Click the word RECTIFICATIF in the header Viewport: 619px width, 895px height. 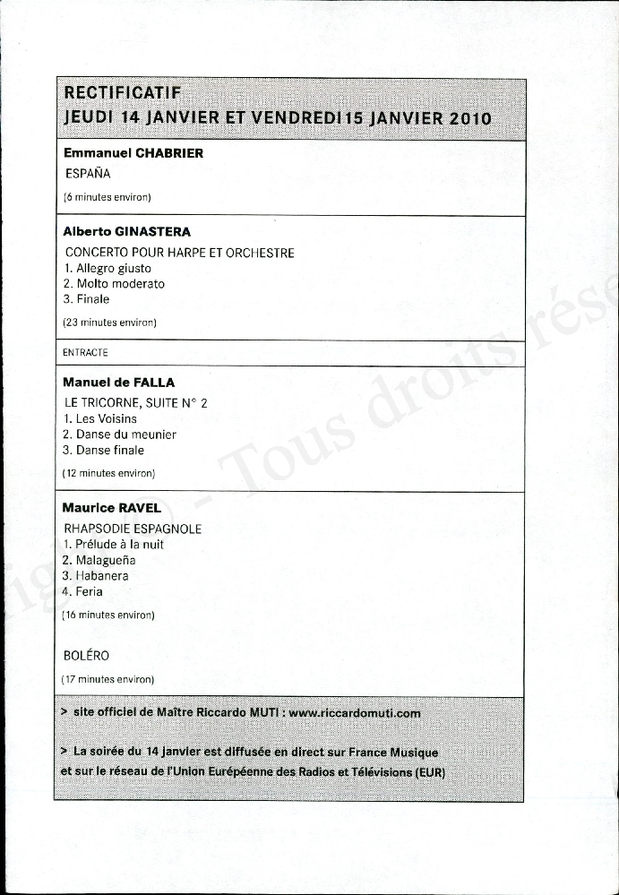[123, 92]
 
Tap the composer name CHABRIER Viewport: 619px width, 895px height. [169, 153]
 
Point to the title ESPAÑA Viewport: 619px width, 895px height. [88, 174]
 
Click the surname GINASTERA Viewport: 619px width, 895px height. [153, 232]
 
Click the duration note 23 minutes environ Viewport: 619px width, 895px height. [110, 322]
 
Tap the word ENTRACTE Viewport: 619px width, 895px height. [85, 353]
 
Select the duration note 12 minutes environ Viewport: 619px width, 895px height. [109, 472]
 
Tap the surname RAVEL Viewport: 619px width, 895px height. [140, 508]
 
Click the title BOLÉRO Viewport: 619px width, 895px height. [87, 656]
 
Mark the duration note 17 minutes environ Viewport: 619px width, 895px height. [108, 679]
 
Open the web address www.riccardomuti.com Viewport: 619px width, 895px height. [355, 713]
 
